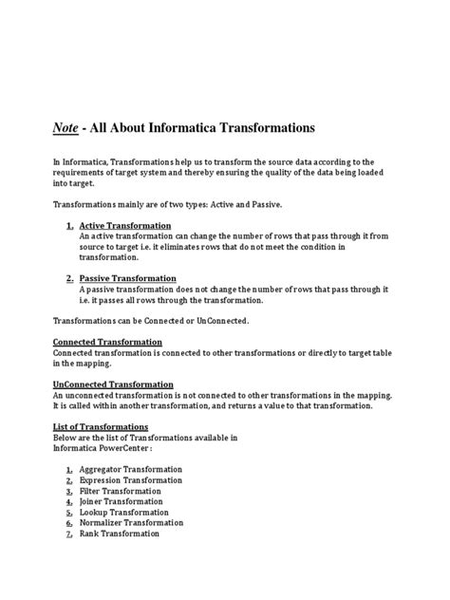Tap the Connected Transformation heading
click(107, 341)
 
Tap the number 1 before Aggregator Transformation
click(69, 470)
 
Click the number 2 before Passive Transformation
click(69, 278)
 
